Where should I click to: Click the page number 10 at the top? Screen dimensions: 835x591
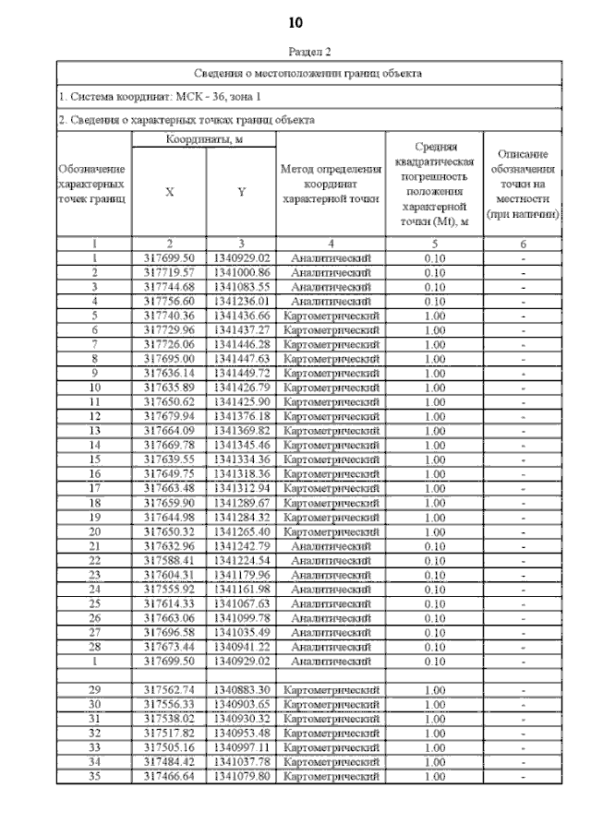tap(296, 21)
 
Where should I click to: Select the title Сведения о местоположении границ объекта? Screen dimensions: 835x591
tap(308, 72)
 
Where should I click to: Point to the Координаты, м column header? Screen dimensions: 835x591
tap(204, 139)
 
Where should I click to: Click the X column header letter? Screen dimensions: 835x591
tap(169, 192)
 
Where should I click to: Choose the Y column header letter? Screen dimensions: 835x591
tap(241, 192)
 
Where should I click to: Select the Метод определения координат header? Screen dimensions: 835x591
tap(331, 184)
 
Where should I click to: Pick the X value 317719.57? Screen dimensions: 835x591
tap(170, 273)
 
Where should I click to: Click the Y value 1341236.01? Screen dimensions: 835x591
tap(241, 301)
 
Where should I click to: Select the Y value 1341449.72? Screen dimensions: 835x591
tap(241, 374)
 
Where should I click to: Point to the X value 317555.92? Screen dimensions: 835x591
tap(170, 589)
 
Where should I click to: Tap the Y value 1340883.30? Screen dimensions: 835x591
tap(241, 690)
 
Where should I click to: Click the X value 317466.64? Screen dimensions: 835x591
tap(170, 776)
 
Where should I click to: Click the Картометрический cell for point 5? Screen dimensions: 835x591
tap(331, 316)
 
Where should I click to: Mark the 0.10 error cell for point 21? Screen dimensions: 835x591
tap(434, 545)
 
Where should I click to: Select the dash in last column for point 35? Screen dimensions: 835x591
tap(523, 776)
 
